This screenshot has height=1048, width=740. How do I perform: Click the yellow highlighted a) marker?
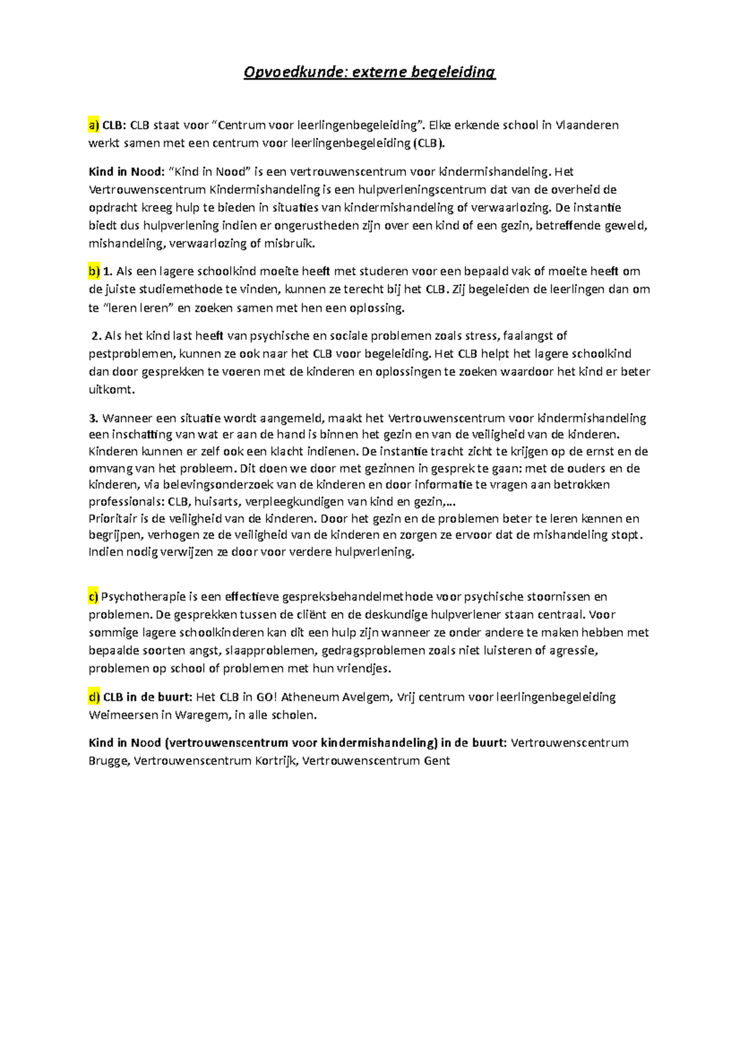click(x=94, y=125)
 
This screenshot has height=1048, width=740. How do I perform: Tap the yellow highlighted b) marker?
click(x=94, y=271)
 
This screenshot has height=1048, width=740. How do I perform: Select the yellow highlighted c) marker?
click(x=94, y=597)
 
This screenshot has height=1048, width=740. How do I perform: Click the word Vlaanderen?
click(x=587, y=125)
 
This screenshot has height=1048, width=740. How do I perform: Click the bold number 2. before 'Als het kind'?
click(x=96, y=336)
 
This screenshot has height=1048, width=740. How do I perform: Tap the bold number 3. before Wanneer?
click(x=94, y=418)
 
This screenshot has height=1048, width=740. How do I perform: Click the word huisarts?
click(x=215, y=501)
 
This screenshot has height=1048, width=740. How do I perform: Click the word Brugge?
click(x=109, y=761)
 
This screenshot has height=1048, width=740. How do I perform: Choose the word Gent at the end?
click(x=437, y=761)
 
